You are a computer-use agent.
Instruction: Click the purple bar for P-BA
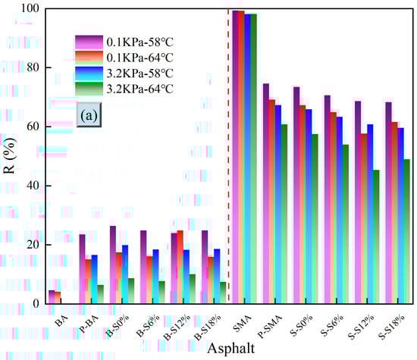pyautogui.click(x=82, y=269)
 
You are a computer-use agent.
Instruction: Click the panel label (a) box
pyautogui.click(x=88, y=117)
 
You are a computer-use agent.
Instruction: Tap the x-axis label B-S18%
pyautogui.click(x=203, y=321)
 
